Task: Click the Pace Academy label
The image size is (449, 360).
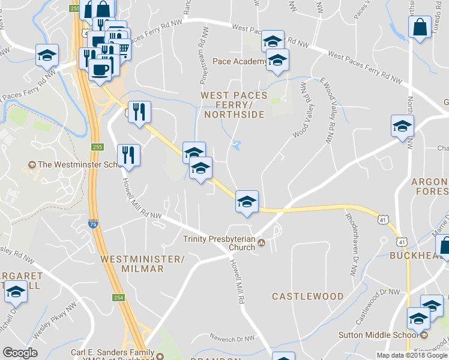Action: tap(240, 62)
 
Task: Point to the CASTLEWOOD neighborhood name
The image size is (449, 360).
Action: tap(308, 296)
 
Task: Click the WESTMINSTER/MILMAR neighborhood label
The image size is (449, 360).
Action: tap(141, 264)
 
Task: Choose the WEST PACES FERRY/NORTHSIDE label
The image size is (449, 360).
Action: tap(233, 104)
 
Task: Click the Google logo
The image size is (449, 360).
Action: tap(20, 353)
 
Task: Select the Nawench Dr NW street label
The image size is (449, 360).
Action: tap(232, 338)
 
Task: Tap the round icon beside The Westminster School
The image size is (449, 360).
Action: tap(32, 164)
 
